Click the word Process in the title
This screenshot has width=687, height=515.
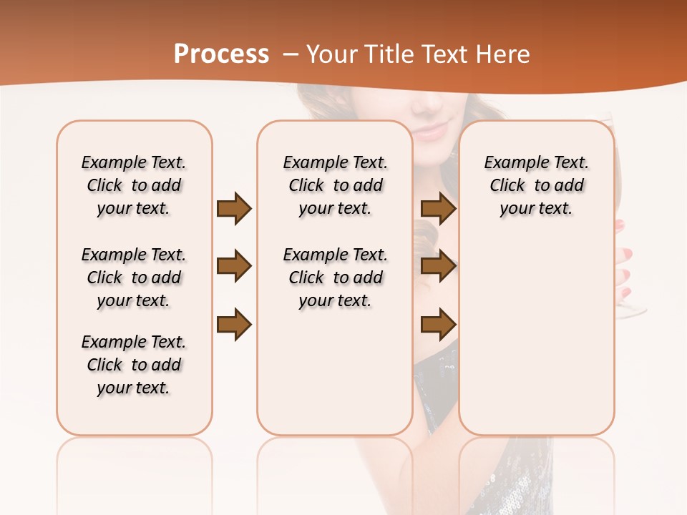pyautogui.click(x=221, y=54)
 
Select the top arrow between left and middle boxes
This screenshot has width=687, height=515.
pyautogui.click(x=234, y=209)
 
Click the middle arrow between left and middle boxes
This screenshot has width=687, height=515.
pyautogui.click(x=234, y=267)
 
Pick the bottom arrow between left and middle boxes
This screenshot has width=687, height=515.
pyautogui.click(x=234, y=324)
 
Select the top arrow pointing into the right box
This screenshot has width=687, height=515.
pyautogui.click(x=438, y=209)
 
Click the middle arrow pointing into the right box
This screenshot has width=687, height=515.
pyautogui.click(x=438, y=267)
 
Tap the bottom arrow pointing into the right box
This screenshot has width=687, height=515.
pyautogui.click(x=438, y=324)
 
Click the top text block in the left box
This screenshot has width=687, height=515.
pyautogui.click(x=134, y=185)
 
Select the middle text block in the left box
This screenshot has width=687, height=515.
pyautogui.click(x=134, y=278)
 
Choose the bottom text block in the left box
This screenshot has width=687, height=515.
pyautogui.click(x=134, y=365)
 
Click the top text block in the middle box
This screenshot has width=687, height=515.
pyautogui.click(x=335, y=185)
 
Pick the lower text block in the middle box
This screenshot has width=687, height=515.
pyautogui.click(x=335, y=278)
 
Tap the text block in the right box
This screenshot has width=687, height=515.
pyautogui.click(x=536, y=185)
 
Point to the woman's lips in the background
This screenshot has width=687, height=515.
pyautogui.click(x=430, y=132)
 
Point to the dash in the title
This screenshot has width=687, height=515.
pyautogui.click(x=291, y=54)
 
